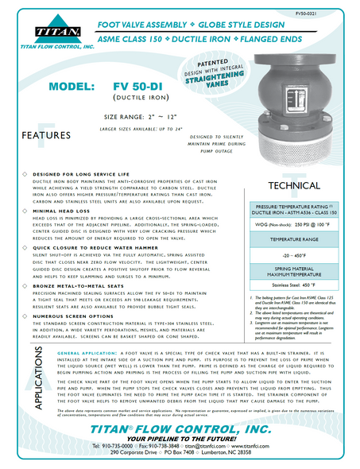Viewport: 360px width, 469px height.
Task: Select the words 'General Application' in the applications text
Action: click(x=81, y=373)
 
